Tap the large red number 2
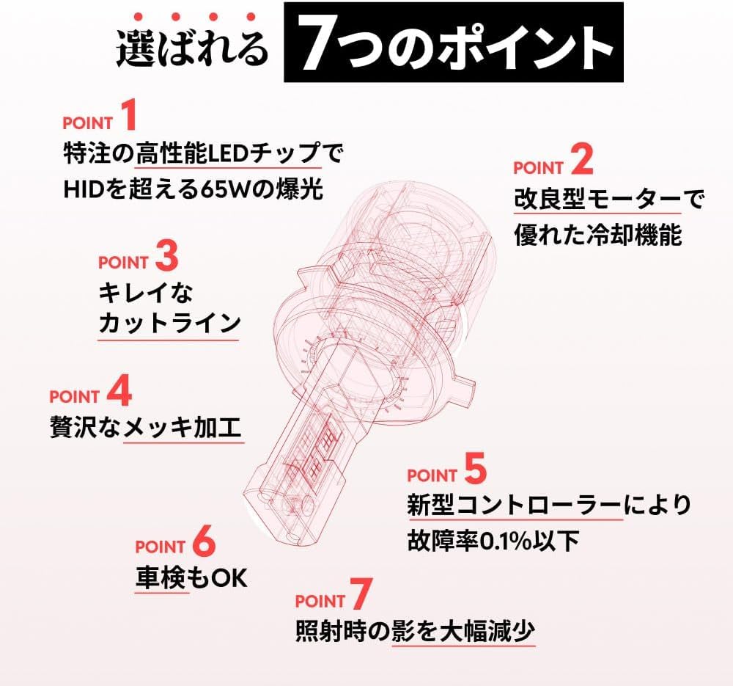coord(582,160)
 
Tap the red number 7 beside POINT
coord(361,594)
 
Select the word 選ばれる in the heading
coord(191,48)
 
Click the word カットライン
coord(169,323)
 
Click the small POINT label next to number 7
coord(320,602)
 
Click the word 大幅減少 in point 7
coord(487,631)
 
